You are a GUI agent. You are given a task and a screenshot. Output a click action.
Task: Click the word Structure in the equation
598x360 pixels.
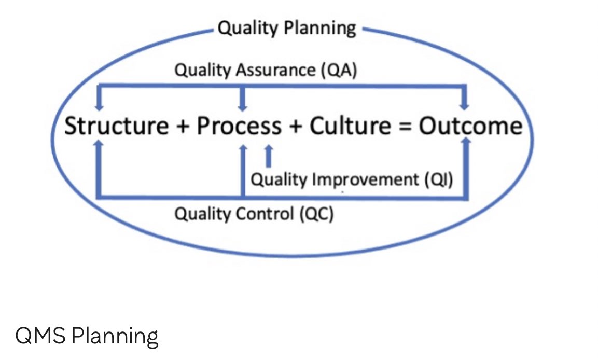[116, 126]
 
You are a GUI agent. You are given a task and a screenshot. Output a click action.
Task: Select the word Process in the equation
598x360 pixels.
[239, 126]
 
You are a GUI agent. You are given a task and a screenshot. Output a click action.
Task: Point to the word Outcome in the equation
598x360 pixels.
[470, 126]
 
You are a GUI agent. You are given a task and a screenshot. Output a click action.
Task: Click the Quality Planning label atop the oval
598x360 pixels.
[287, 28]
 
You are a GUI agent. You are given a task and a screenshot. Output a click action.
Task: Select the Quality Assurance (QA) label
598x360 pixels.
[266, 70]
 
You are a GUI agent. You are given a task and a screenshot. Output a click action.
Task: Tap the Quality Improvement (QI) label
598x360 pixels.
[352, 180]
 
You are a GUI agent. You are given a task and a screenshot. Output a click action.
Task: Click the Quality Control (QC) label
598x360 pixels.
[254, 213]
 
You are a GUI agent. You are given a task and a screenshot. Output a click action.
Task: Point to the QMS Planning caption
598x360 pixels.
[87, 337]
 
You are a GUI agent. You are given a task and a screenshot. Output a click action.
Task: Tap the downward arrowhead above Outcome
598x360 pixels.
[465, 105]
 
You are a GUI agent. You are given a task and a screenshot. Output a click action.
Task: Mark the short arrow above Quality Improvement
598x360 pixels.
[268, 155]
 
